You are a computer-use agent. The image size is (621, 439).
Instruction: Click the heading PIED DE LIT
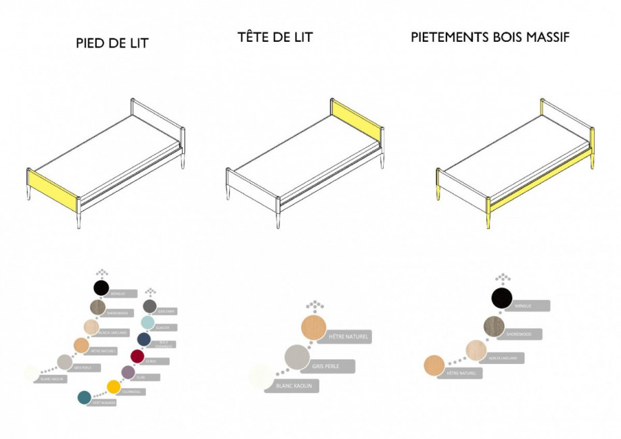tap(112, 44)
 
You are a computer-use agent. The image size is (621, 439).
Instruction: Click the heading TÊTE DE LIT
tap(275, 38)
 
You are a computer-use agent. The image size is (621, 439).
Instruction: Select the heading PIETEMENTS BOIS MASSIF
tap(490, 37)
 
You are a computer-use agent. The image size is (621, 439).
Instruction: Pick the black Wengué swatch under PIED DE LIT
tap(101, 288)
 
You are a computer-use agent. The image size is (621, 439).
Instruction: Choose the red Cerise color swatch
tap(137, 355)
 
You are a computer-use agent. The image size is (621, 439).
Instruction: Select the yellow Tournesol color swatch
tap(114, 386)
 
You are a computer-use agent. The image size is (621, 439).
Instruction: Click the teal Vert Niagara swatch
tap(85, 397)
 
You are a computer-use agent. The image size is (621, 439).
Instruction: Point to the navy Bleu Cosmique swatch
tap(143, 339)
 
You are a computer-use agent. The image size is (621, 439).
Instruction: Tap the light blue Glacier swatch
tap(147, 322)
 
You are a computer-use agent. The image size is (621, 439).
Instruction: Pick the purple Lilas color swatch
tap(127, 371)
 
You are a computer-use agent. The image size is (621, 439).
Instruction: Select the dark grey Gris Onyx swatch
tap(149, 306)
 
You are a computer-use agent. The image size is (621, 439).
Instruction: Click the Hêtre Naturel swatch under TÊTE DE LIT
tap(314, 328)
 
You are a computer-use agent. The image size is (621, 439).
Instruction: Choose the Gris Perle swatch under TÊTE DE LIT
tap(297, 357)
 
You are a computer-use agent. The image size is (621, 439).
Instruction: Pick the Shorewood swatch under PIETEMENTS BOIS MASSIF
tap(494, 326)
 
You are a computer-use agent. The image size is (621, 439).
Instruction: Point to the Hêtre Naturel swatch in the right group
tap(434, 365)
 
